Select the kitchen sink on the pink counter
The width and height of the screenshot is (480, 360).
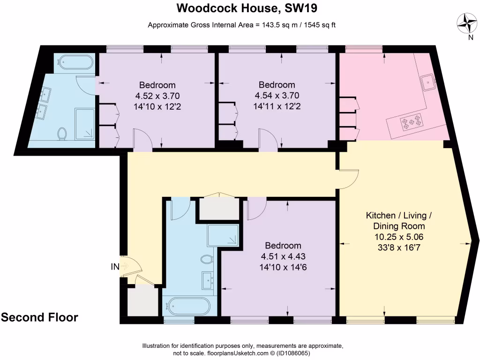pyautogui.click(x=428, y=82)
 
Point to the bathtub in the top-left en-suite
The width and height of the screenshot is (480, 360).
pyautogui.click(x=75, y=63)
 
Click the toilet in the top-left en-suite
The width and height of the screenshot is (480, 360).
pyautogui.click(x=61, y=133)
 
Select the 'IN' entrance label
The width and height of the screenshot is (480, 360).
pyautogui.click(x=115, y=267)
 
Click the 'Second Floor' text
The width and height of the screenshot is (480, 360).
pyautogui.click(x=39, y=317)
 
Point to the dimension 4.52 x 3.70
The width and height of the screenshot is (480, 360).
pyautogui.click(x=157, y=96)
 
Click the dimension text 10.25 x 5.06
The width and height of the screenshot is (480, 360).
pyautogui.click(x=399, y=237)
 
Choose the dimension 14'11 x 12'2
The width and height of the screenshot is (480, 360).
pyautogui.click(x=277, y=106)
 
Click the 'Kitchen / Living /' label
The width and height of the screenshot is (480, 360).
pyautogui.click(x=398, y=216)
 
